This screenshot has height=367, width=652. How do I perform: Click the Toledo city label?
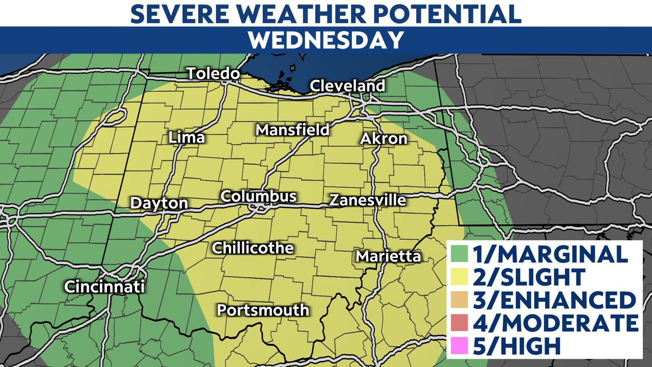tap(213, 73)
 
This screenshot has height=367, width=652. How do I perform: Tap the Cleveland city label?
tap(347, 86)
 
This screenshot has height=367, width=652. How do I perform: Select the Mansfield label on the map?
tap(292, 130)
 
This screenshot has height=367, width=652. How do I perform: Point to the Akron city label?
tap(384, 139)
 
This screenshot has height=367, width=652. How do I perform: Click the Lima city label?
tap(187, 138)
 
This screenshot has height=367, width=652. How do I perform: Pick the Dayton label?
tap(159, 203)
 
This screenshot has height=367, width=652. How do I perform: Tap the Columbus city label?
tap(258, 196)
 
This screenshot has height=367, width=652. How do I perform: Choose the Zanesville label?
tap(367, 200)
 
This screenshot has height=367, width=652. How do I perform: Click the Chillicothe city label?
tap(253, 248)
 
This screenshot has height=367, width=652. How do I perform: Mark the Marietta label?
tap(389, 256)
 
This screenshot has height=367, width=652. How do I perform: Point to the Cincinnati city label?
tap(104, 286)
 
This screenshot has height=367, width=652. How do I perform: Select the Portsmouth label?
tap(263, 310)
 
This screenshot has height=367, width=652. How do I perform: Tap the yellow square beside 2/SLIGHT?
tap(460, 277)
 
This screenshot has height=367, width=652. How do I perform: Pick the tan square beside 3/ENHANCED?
tap(460, 300)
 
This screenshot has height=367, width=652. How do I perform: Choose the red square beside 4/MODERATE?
tap(460, 323)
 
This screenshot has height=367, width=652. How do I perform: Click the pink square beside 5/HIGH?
tap(460, 346)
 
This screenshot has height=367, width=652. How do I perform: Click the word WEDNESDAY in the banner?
tap(326, 40)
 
